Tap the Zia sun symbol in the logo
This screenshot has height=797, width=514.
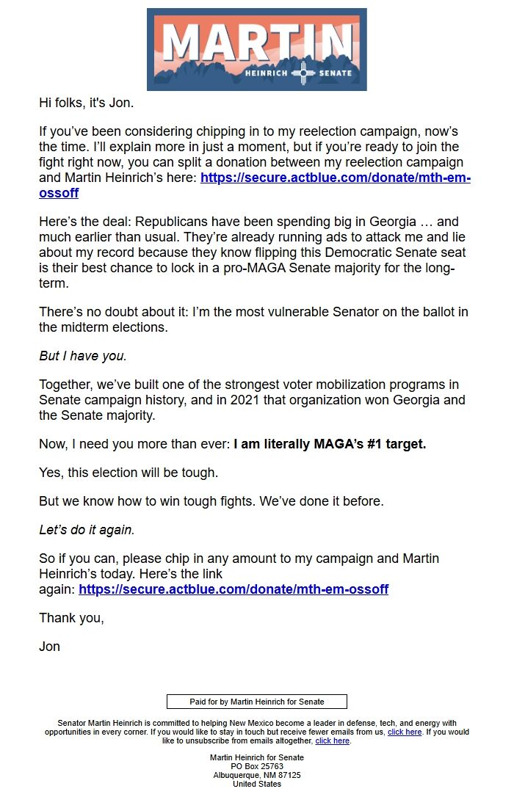(303, 73)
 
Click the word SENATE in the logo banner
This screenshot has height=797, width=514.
(334, 73)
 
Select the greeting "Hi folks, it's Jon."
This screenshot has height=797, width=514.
(86, 103)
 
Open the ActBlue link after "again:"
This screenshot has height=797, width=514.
(234, 589)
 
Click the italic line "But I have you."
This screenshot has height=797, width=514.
(83, 356)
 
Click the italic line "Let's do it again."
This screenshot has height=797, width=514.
(87, 530)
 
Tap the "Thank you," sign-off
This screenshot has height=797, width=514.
(71, 618)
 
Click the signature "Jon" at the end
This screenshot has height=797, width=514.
(49, 647)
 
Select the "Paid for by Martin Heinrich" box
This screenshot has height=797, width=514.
(256, 702)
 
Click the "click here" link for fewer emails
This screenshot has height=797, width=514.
(405, 732)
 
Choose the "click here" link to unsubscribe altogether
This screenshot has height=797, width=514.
(333, 741)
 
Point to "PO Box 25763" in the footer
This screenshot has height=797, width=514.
(256, 766)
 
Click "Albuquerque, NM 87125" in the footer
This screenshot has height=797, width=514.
(256, 775)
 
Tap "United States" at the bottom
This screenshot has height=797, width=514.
(256, 784)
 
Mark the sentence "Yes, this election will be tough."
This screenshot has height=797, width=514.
(128, 473)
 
